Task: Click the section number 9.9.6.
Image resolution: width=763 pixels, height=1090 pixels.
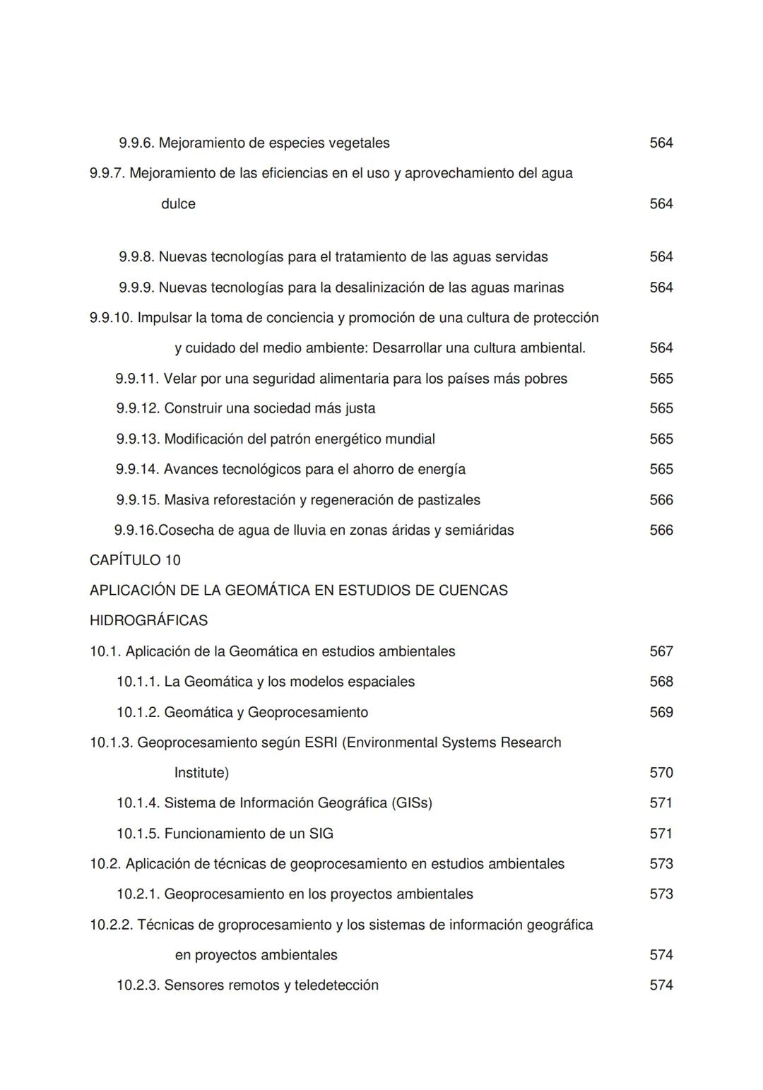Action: (136, 143)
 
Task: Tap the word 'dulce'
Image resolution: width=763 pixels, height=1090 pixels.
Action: (178, 204)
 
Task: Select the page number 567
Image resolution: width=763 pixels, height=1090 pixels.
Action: (661, 651)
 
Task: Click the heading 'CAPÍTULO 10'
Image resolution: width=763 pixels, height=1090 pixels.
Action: (135, 560)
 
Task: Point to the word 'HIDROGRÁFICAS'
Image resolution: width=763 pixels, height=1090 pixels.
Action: (148, 621)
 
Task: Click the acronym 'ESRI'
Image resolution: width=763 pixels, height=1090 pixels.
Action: (320, 742)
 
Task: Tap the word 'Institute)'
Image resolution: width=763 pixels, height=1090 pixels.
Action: (201, 773)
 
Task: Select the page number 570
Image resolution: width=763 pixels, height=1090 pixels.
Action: (661, 773)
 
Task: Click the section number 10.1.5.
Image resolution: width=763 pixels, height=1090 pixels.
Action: (138, 834)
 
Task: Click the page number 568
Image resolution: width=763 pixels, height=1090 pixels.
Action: (661, 682)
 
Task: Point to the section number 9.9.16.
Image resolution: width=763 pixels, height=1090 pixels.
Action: (136, 531)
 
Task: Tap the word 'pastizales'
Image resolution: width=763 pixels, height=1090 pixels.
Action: (448, 500)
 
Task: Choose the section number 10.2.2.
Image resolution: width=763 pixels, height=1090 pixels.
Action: (111, 925)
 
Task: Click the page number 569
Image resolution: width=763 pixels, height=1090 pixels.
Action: (661, 712)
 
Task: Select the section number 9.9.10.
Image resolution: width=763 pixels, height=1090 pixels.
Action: (111, 318)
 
